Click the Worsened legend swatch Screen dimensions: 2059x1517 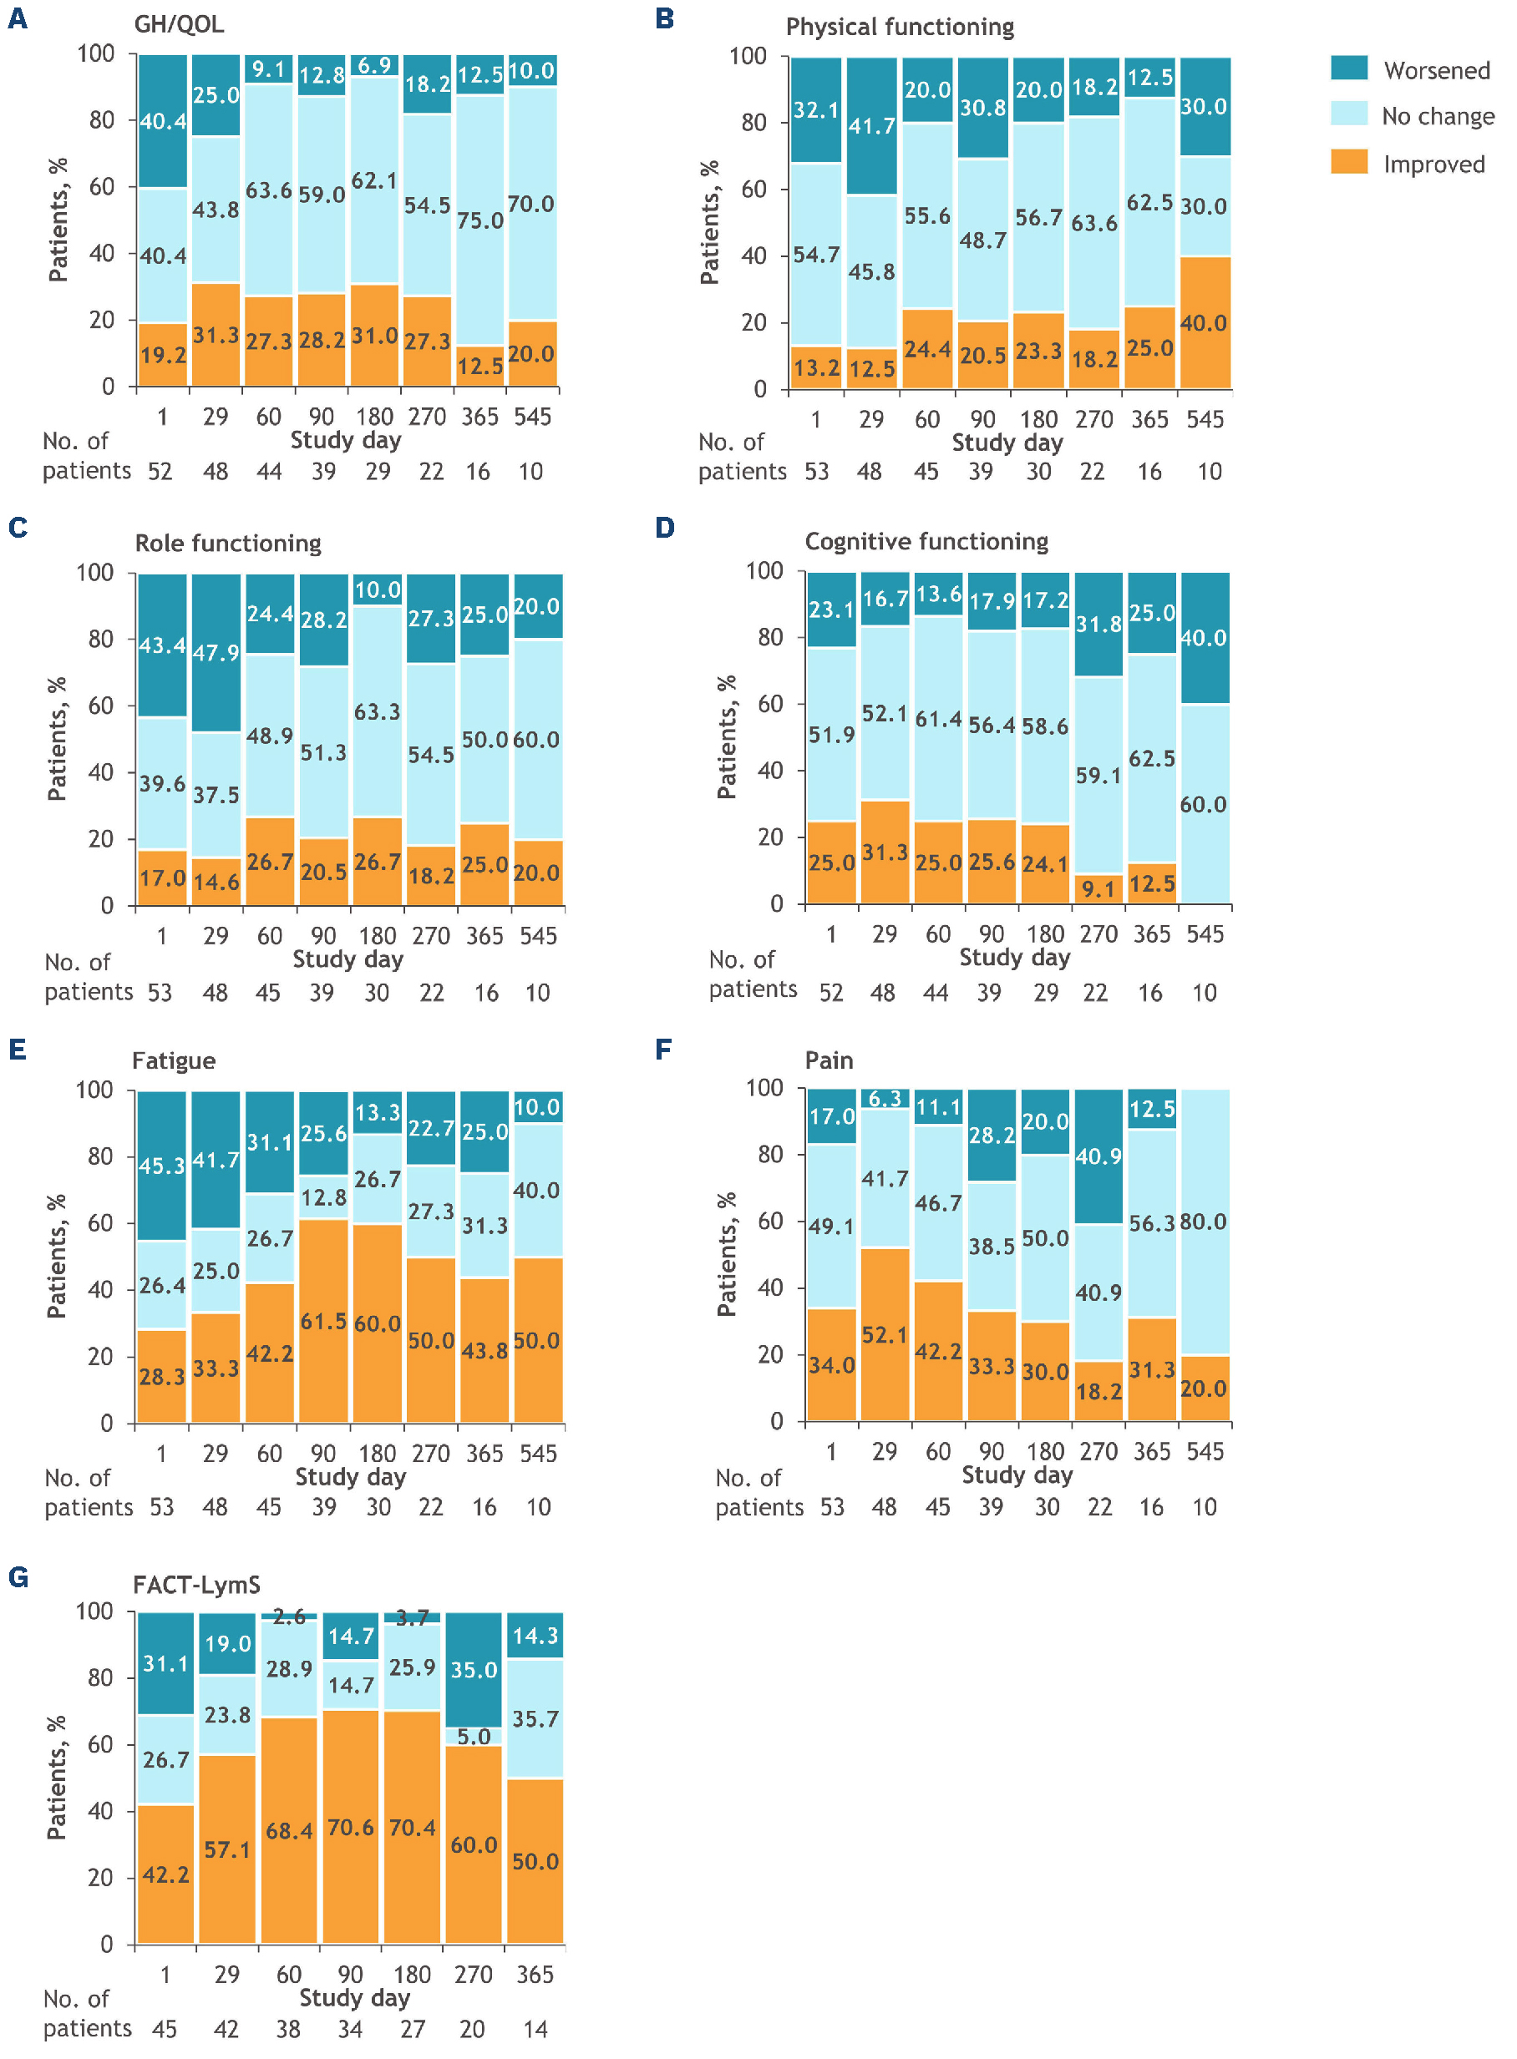(x=1348, y=68)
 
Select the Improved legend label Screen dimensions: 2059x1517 (x=1433, y=164)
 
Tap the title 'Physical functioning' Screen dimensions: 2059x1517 (x=899, y=27)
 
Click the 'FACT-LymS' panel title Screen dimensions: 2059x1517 (x=196, y=1585)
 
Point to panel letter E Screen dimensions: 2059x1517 (x=18, y=1050)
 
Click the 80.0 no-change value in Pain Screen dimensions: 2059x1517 (x=1203, y=1222)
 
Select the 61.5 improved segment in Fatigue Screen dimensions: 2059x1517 (x=323, y=1321)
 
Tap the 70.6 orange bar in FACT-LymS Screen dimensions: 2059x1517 (x=350, y=1827)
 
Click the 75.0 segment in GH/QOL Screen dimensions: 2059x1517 (x=480, y=220)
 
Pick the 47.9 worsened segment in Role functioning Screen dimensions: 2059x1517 (x=216, y=653)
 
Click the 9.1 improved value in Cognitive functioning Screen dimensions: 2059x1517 (x=1098, y=888)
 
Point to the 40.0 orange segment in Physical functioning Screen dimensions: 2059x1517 (x=1204, y=322)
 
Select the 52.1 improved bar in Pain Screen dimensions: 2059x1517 (x=885, y=1335)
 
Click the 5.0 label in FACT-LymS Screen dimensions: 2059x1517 (x=474, y=1736)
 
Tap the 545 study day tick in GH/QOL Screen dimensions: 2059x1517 (x=533, y=417)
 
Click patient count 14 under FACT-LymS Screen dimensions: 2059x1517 (x=535, y=2029)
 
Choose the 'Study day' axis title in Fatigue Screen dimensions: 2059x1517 (x=350, y=1477)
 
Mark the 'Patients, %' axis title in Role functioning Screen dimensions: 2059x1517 (x=57, y=739)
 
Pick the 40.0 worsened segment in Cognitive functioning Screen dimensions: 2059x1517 (x=1203, y=638)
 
